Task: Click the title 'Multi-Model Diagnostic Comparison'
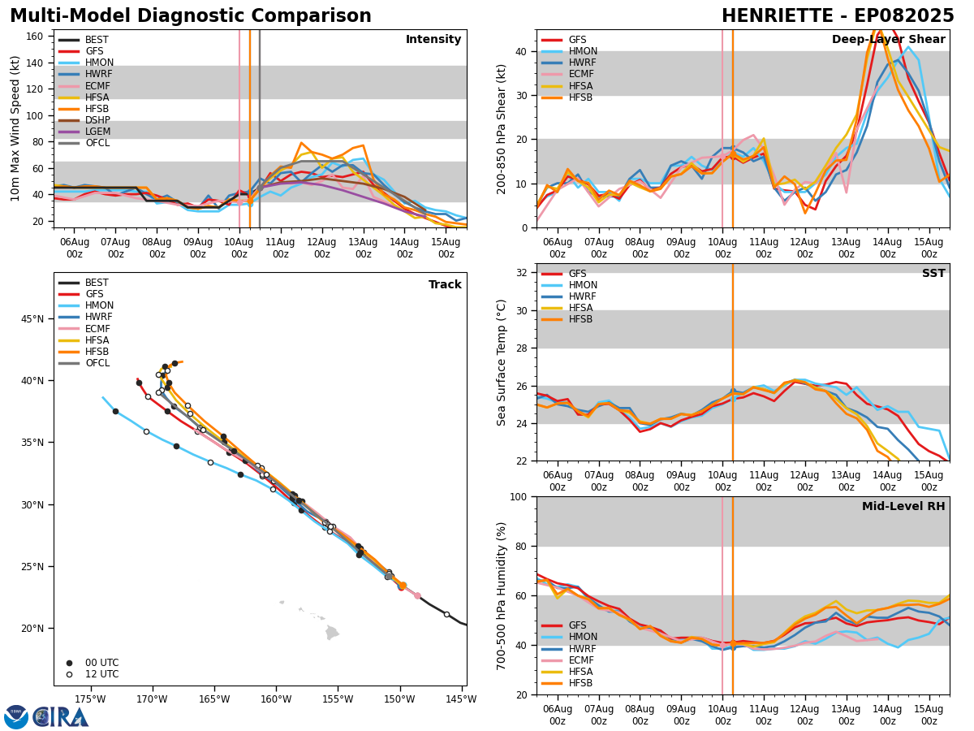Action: pyautogui.click(x=191, y=16)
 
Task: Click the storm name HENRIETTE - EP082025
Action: pyautogui.click(x=838, y=16)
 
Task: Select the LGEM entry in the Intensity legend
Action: pyautogui.click(x=97, y=132)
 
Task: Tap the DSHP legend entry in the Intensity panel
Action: pyautogui.click(x=97, y=120)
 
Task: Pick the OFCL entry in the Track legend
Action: pyautogui.click(x=97, y=363)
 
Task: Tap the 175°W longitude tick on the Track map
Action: pyautogui.click(x=90, y=699)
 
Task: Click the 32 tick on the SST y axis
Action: pyautogui.click(x=524, y=273)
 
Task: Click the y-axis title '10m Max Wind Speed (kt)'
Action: pyautogui.click(x=14, y=128)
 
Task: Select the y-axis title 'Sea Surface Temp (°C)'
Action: pyautogui.click(x=502, y=362)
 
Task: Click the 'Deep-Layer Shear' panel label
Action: pyautogui.click(x=888, y=40)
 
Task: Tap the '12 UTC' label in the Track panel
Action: pyautogui.click(x=101, y=674)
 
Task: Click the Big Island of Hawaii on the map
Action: pyautogui.click(x=332, y=632)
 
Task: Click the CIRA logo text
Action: pyautogui.click(x=61, y=716)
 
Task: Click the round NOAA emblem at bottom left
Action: pyautogui.click(x=16, y=716)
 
